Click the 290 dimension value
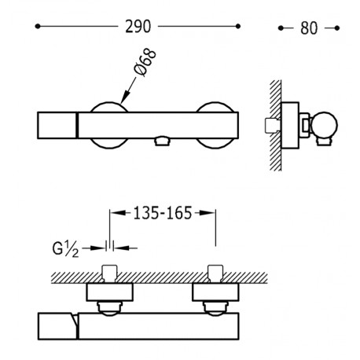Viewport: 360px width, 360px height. (x=138, y=27)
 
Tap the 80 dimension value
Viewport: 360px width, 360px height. (x=309, y=28)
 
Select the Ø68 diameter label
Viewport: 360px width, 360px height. (x=145, y=63)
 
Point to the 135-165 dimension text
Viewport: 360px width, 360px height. (x=163, y=213)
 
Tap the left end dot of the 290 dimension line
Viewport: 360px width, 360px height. (x=38, y=26)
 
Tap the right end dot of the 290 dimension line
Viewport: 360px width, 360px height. (x=238, y=26)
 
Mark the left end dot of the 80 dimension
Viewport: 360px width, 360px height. (x=281, y=28)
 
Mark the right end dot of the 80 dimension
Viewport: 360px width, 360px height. (x=337, y=28)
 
